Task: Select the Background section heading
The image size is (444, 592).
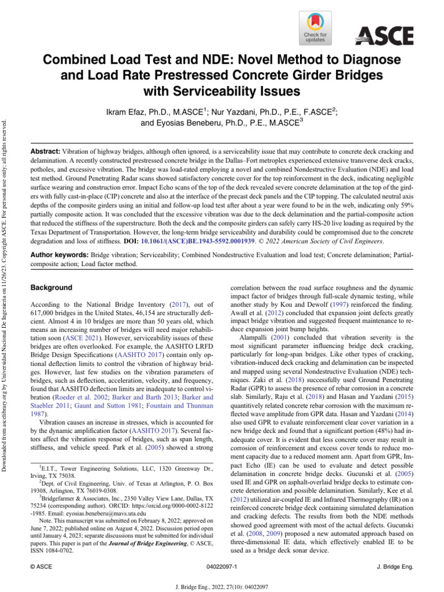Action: click(x=51, y=287)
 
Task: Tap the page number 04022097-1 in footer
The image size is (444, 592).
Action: click(x=222, y=567)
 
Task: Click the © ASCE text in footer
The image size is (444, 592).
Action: click(x=41, y=567)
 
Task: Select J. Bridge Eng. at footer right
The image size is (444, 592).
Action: click(x=395, y=567)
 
